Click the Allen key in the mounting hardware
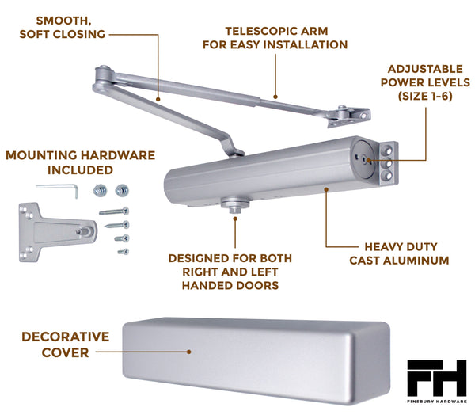click(x=59, y=187)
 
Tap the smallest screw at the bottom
click(x=123, y=252)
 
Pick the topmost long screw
click(x=116, y=211)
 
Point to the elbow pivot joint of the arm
click(x=102, y=75)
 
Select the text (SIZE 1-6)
click(x=429, y=96)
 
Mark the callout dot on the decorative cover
click(x=189, y=352)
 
